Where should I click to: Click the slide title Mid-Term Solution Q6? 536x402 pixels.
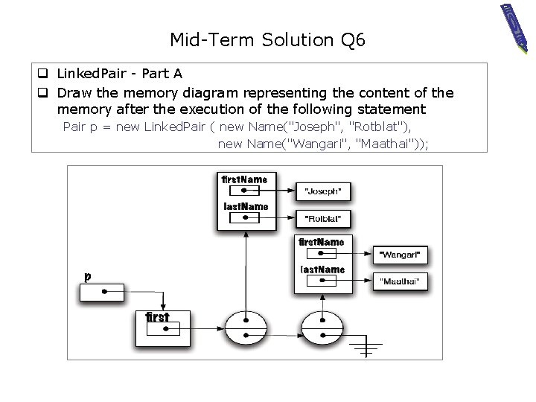pyautogui.click(x=267, y=39)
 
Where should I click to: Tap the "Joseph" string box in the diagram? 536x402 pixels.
pyautogui.click(x=322, y=191)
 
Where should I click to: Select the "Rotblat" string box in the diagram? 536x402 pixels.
pyautogui.click(x=322, y=219)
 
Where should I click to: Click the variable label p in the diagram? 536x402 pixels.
pyautogui.click(x=88, y=276)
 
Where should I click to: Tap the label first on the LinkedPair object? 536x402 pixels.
pyautogui.click(x=157, y=317)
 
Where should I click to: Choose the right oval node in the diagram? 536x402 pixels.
pyautogui.click(x=322, y=328)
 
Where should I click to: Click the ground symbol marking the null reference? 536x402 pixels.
pyautogui.click(x=366, y=346)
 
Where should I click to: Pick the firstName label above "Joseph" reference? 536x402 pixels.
pyautogui.click(x=244, y=179)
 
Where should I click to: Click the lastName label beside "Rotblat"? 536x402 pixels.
pyautogui.click(x=246, y=206)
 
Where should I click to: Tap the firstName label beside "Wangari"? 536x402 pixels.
pyautogui.click(x=321, y=242)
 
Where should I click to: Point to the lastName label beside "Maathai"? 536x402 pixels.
pyautogui.click(x=322, y=269)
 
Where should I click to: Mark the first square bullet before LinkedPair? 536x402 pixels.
pyautogui.click(x=43, y=74)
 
